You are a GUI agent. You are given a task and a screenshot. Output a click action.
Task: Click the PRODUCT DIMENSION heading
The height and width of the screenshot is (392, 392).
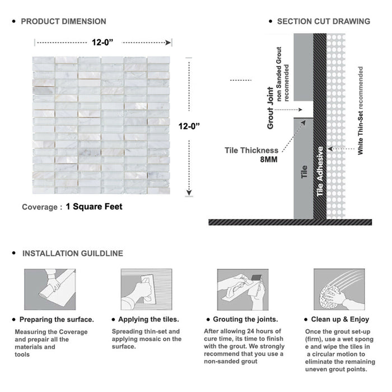click(63, 21)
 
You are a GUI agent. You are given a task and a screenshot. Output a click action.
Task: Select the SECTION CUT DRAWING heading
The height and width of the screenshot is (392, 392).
click(323, 21)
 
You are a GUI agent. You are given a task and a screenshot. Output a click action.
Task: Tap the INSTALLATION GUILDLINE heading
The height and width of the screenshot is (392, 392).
click(72, 253)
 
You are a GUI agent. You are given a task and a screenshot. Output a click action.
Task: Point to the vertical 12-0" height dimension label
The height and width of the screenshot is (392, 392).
click(190, 126)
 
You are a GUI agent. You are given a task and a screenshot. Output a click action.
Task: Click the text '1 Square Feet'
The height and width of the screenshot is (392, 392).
click(94, 207)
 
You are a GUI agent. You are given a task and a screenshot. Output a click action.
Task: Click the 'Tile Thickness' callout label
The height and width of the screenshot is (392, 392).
click(251, 150)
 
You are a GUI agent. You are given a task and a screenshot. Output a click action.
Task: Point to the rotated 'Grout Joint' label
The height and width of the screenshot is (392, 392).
click(270, 108)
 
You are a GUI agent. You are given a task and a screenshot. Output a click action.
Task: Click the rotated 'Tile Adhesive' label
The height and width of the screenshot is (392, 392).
click(320, 171)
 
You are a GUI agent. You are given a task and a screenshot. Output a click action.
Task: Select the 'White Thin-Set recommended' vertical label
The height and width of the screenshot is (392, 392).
click(361, 111)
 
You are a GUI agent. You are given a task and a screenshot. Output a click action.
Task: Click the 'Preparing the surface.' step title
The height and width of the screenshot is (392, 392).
click(57, 319)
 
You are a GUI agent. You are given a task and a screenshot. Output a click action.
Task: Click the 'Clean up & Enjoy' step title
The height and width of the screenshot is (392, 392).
click(341, 319)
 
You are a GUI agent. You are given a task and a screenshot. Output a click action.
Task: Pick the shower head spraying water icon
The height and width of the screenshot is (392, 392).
click(337, 290)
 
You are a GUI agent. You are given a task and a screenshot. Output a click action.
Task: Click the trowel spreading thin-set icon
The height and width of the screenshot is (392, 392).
click(145, 290)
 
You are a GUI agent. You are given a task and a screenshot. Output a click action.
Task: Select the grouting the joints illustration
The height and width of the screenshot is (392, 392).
click(241, 290)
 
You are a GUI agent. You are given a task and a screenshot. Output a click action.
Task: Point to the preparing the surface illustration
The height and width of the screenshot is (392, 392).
click(49, 290)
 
